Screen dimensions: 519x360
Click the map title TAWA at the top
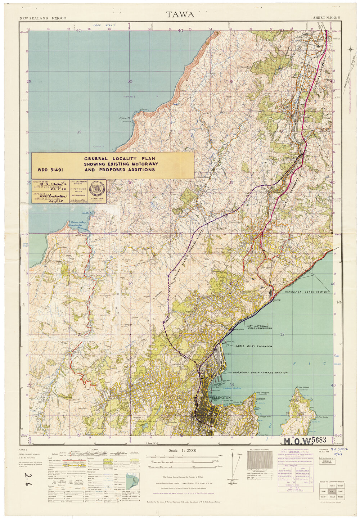(x=180, y=14)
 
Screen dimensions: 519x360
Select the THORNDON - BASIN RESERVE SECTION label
(x=260, y=373)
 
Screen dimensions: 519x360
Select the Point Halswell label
(x=304, y=387)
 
